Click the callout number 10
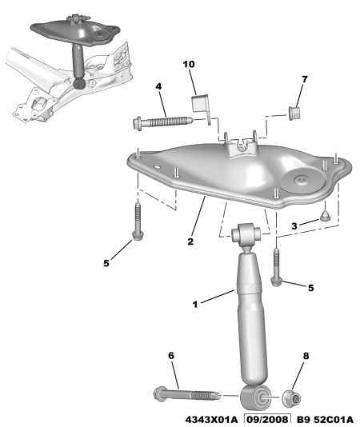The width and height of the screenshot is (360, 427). point(189,64)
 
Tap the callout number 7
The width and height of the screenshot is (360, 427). point(305,79)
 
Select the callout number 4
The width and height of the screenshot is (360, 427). point(158,86)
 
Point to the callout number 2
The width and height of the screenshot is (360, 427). point(190,241)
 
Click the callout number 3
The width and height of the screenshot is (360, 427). point(294,225)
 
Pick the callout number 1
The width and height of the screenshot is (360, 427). point(195,304)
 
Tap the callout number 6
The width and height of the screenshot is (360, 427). point(171,355)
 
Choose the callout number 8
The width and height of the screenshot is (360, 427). point(306,356)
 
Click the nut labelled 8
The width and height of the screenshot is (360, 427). point(291,399)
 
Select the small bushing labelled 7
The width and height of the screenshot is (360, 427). point(295,114)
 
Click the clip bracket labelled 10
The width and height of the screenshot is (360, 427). point(201,107)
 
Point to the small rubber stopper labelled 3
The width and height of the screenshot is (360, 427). point(325,216)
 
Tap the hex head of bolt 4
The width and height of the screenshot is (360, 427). point(137,123)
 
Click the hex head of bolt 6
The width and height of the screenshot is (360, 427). point(159,393)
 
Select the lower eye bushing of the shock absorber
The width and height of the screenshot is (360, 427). point(256,397)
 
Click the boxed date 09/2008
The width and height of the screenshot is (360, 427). point(266,419)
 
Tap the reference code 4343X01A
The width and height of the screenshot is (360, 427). point(211,420)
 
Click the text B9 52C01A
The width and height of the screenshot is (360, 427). point(325,420)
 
